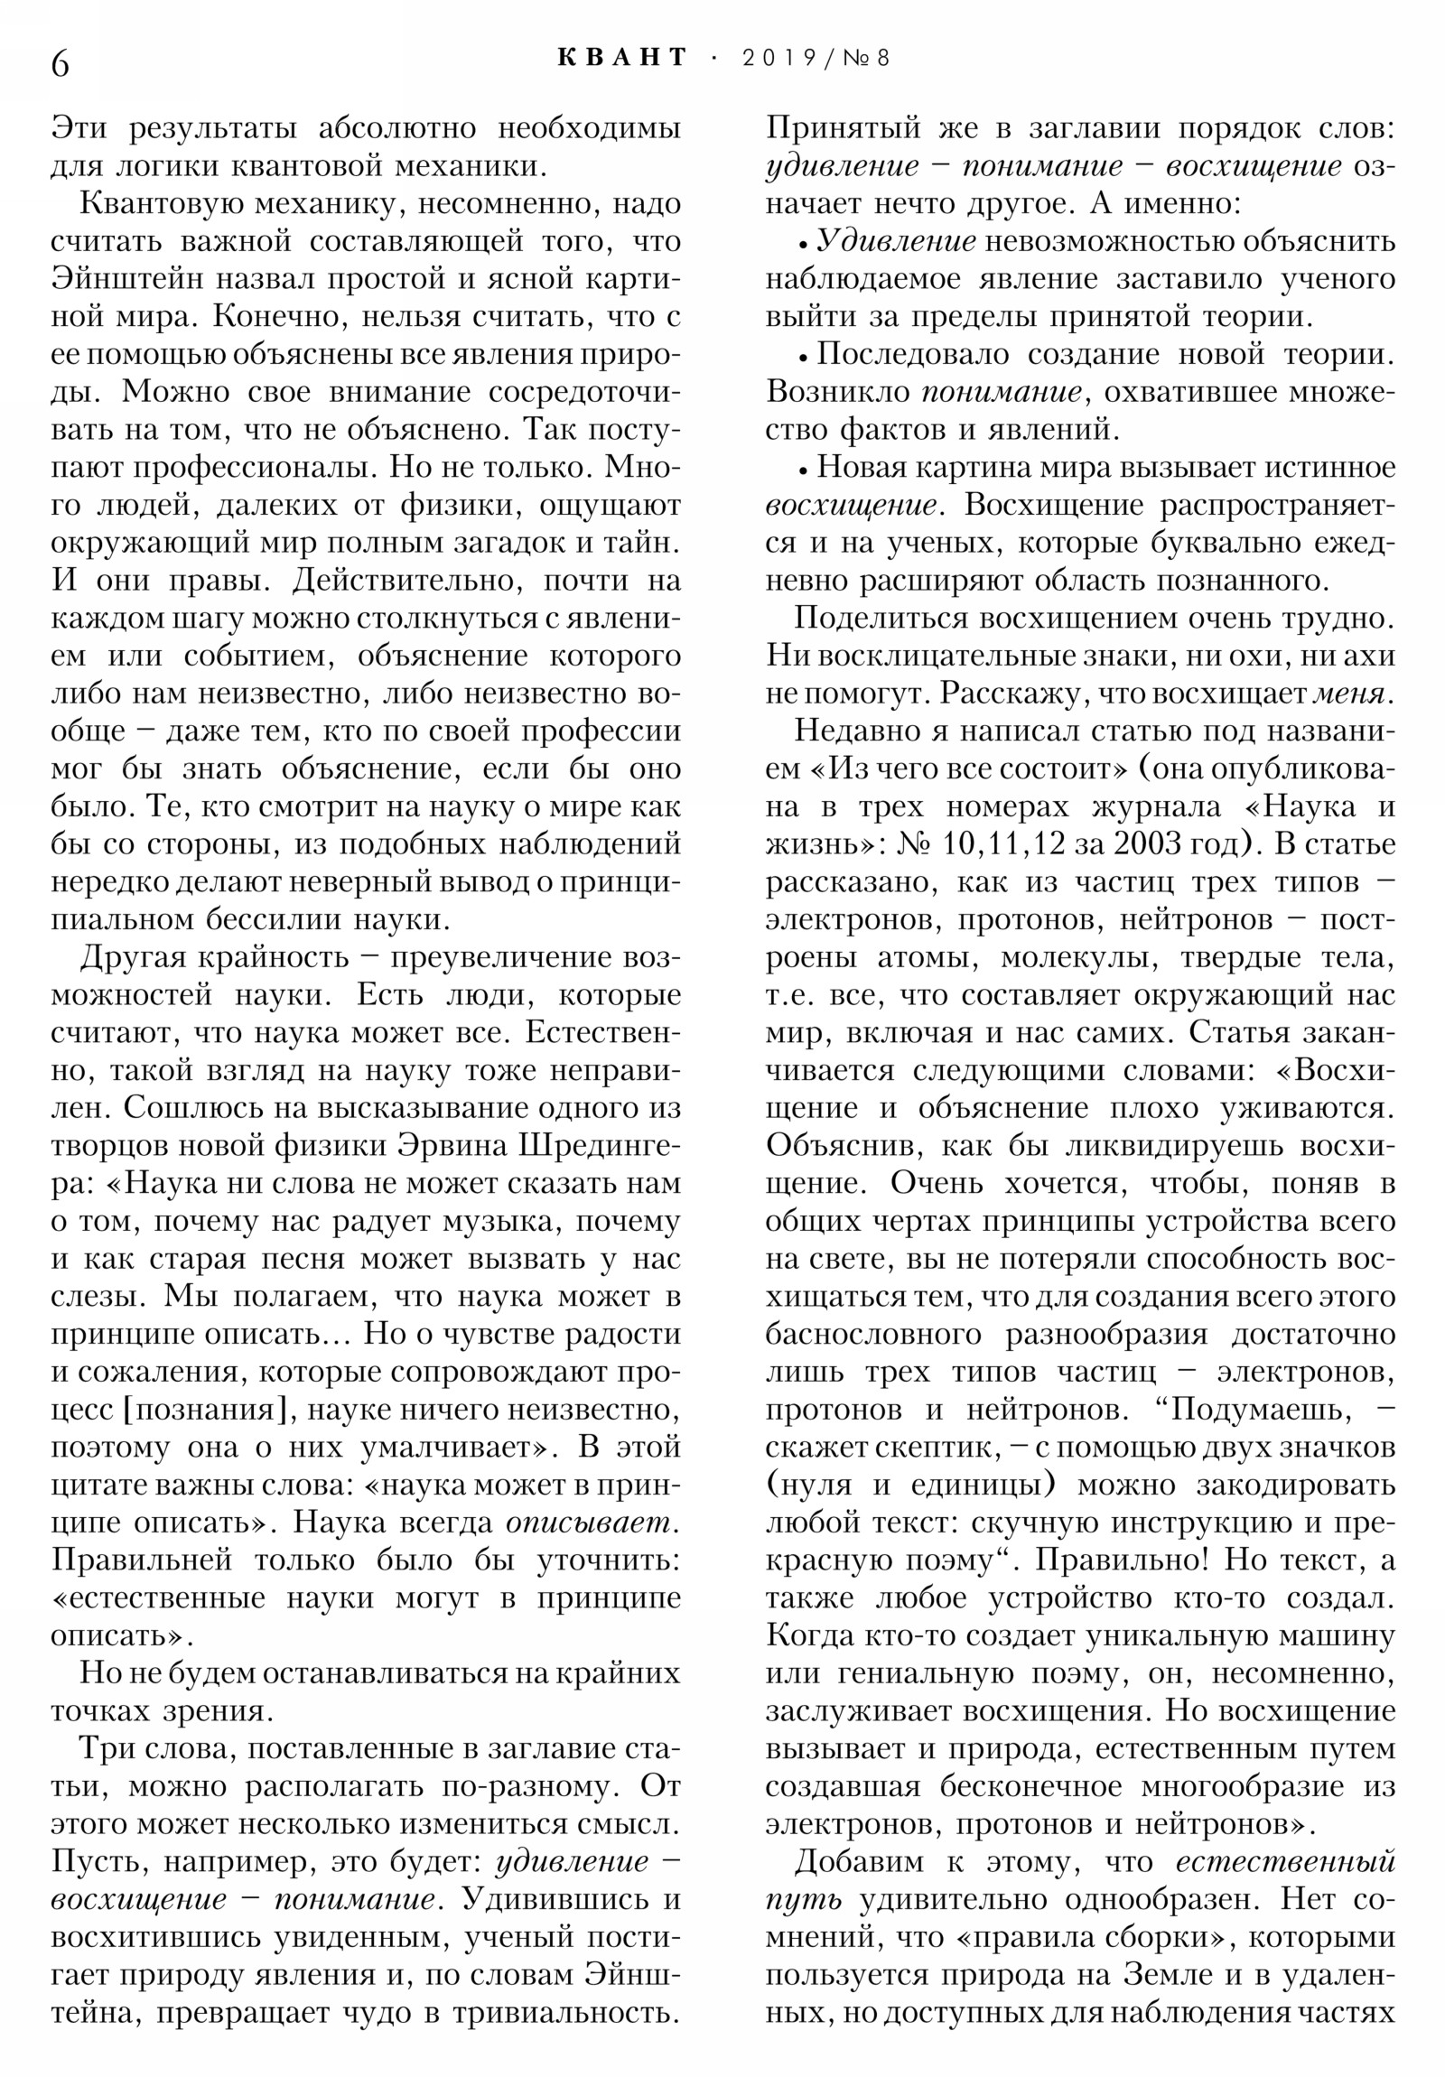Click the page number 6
60,64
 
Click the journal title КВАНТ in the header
623,58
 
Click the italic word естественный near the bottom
1286,1862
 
